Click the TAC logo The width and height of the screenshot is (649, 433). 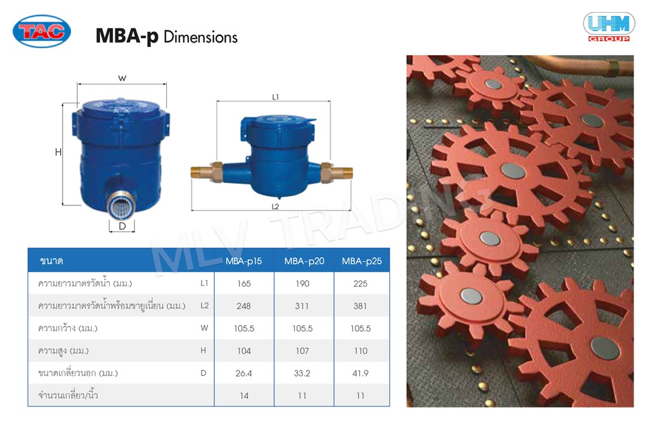pyautogui.click(x=42, y=31)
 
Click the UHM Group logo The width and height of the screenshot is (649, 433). pyautogui.click(x=609, y=27)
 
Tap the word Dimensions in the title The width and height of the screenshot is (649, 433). pyautogui.click(x=201, y=37)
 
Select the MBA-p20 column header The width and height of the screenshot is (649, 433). pyautogui.click(x=304, y=261)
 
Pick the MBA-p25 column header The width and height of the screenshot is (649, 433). pyautogui.click(x=362, y=261)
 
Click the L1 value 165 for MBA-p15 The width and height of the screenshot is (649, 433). pyautogui.click(x=244, y=283)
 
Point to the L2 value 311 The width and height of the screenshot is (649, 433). pyautogui.click(x=302, y=306)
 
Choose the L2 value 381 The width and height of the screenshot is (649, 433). pyautogui.click(x=360, y=306)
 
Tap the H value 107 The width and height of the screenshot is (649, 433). pyautogui.click(x=302, y=351)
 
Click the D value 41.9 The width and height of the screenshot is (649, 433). pyautogui.click(x=361, y=373)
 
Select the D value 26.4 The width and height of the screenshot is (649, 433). pyautogui.click(x=244, y=373)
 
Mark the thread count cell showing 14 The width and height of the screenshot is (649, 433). pyautogui.click(x=244, y=396)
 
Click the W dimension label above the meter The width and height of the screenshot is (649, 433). pyautogui.click(x=122, y=78)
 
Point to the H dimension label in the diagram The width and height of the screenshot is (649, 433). pyautogui.click(x=58, y=152)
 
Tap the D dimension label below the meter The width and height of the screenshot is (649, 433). pyautogui.click(x=122, y=226)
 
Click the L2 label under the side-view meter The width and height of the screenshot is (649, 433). pyautogui.click(x=275, y=206)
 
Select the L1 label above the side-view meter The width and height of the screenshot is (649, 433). pyautogui.click(x=276, y=97)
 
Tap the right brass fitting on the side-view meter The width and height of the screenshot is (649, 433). pyautogui.click(x=336, y=172)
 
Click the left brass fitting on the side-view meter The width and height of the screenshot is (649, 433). pyautogui.click(x=207, y=171)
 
